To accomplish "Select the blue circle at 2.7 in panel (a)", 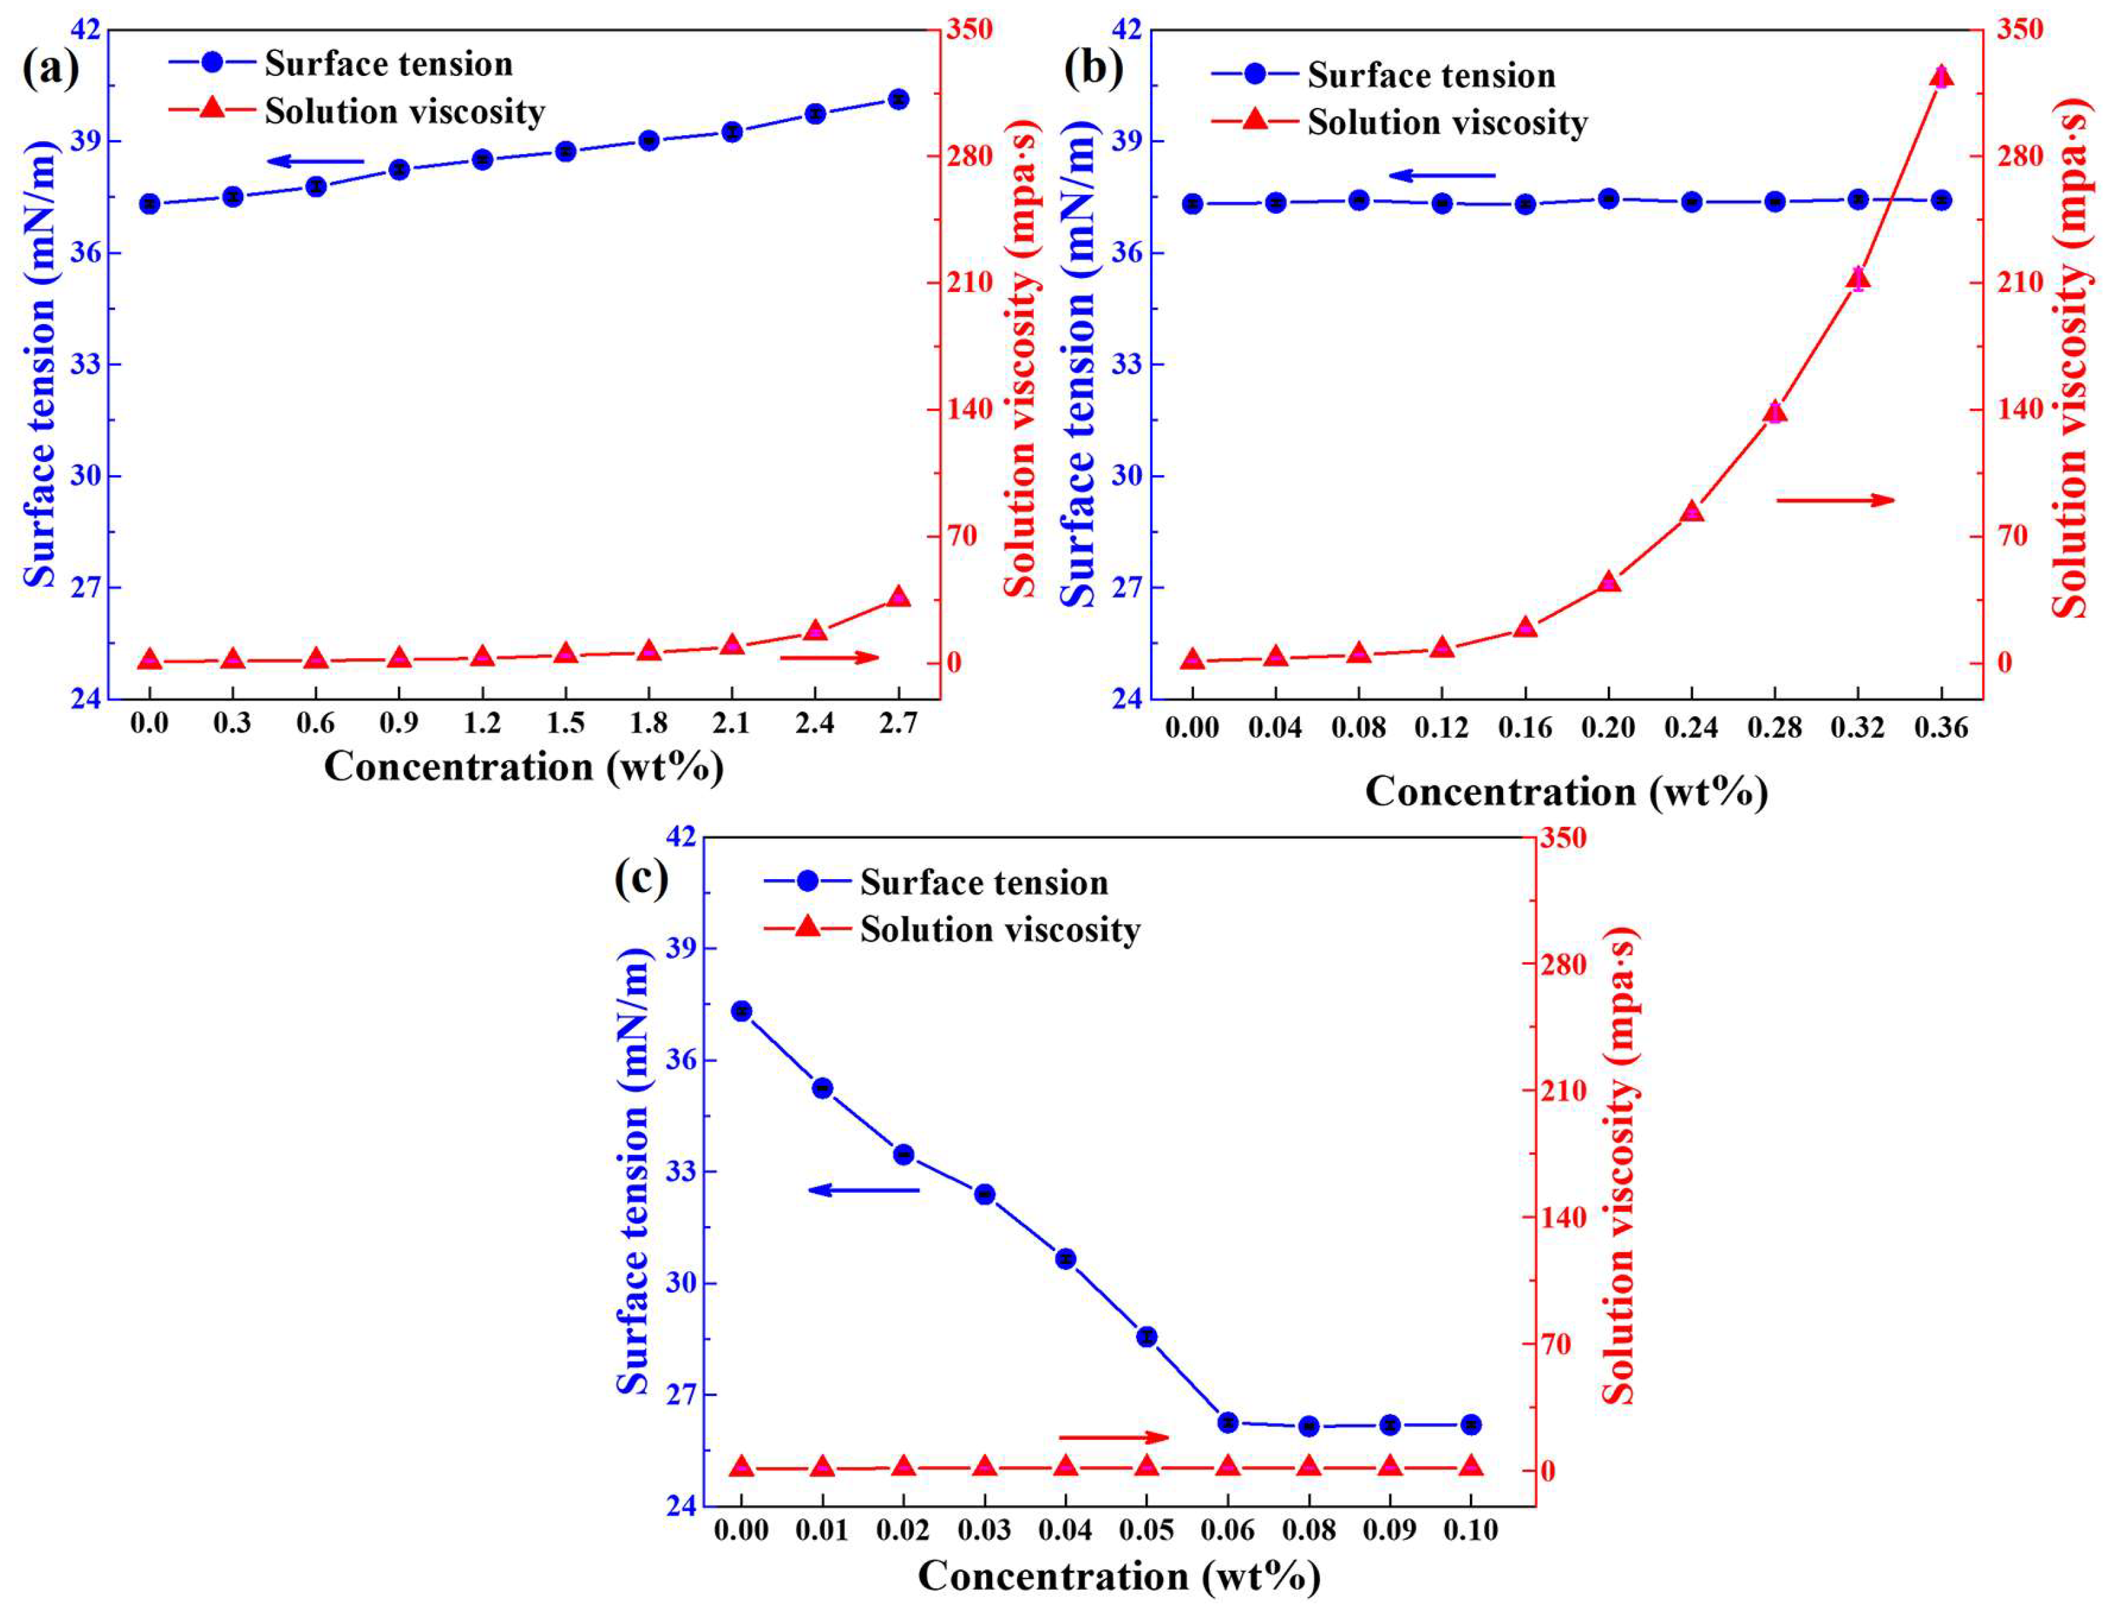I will coord(898,99).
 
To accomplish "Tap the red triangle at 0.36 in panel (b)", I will coord(1941,77).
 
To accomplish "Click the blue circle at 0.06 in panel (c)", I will coord(1227,1422).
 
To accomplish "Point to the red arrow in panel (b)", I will coord(1834,500).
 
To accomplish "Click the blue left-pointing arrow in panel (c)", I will coord(863,1190).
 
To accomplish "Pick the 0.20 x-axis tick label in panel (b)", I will coord(1608,727).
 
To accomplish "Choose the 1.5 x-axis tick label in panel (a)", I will coord(565,722).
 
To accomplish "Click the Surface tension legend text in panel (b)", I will coord(1431,75).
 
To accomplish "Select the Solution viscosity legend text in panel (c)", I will coord(1000,929).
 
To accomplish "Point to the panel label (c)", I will coord(641,878).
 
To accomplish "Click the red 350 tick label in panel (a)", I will coord(969,30).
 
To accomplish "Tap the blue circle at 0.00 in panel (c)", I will coord(741,1010).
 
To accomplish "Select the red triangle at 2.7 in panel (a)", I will coord(898,597).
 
